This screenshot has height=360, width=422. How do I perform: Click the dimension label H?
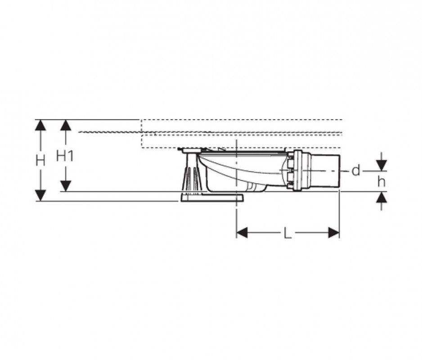40,161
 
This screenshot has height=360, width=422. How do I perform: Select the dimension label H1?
65,156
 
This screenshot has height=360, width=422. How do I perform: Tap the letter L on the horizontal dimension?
287,233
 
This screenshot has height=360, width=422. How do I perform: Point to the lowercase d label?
356,171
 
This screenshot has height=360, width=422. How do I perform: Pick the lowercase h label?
382,181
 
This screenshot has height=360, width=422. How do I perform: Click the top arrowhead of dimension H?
40,125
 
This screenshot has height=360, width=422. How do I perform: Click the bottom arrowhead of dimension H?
40,196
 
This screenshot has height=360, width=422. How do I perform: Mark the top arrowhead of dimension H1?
66,125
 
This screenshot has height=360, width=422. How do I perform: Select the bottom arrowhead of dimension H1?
66,186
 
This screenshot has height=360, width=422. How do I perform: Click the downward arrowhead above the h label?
382,166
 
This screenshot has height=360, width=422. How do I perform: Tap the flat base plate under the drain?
211,198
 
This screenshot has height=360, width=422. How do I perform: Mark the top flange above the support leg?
191,149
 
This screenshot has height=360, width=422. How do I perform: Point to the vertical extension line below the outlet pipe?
339,211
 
